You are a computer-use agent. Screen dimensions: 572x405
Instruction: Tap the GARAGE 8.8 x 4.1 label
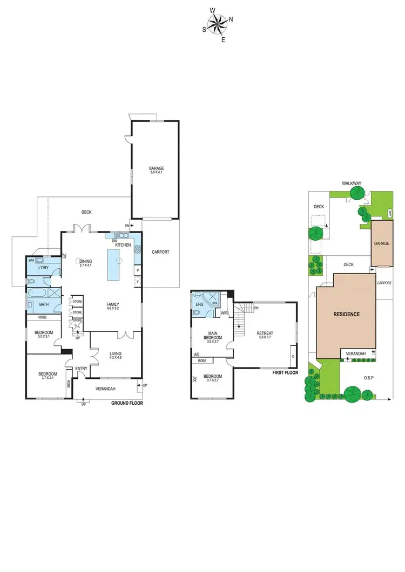(156, 170)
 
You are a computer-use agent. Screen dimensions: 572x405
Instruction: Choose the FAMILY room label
(112, 306)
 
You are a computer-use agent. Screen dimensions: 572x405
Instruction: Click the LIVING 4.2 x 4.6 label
(116, 355)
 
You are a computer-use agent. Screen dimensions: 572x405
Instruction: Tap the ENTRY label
(81, 369)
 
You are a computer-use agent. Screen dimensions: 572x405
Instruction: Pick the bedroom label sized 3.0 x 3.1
(43, 334)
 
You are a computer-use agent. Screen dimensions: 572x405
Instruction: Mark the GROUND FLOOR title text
(127, 403)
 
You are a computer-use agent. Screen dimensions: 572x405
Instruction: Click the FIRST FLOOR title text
(285, 373)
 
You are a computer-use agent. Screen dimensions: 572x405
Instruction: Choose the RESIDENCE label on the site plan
(346, 314)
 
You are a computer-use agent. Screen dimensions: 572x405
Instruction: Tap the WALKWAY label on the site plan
(352, 183)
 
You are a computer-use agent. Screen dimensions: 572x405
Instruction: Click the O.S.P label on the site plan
(368, 377)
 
